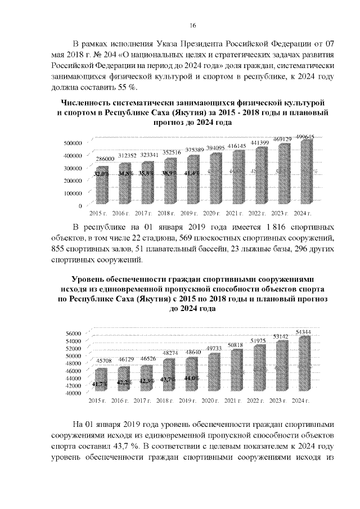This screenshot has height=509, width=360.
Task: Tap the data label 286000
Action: [x=102, y=160]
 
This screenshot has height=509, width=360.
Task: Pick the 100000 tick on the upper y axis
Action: [x=74, y=194]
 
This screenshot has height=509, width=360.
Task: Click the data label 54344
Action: [x=305, y=332]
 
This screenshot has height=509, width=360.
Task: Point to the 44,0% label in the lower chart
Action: [x=191, y=379]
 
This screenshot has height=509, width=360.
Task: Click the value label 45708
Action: [x=101, y=361]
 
